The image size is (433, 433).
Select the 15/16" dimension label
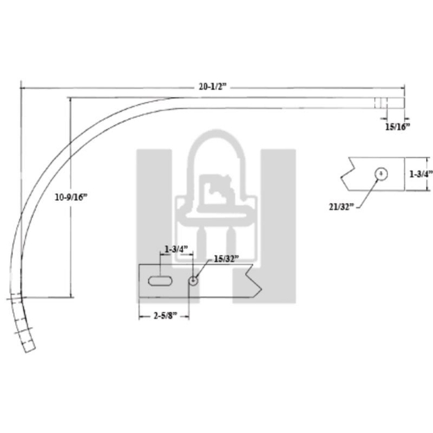click(397, 126)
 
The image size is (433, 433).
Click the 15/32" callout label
click(225, 258)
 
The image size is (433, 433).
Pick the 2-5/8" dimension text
click(164, 315)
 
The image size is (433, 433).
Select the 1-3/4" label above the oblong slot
click(176, 249)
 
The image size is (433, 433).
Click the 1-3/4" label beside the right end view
click(420, 175)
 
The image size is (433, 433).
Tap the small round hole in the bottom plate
click(193, 280)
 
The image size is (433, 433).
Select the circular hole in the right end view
click(380, 173)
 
